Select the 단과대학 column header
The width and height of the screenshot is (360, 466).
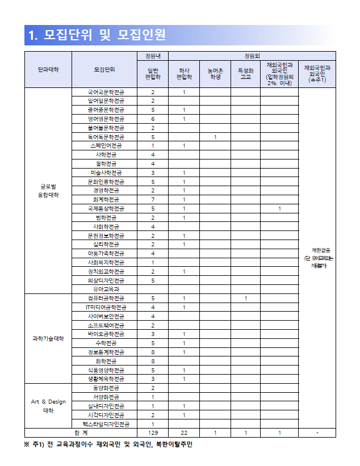coord(48,69)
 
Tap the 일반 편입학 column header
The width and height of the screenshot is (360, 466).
coord(153,73)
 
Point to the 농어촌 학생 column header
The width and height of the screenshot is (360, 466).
coord(215,73)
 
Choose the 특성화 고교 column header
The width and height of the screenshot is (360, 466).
coord(245,73)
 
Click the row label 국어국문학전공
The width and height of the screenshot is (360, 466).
coord(105,92)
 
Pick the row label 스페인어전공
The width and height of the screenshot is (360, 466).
coord(105,146)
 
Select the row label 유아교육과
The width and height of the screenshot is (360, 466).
coord(105,289)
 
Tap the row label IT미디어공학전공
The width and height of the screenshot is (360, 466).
coord(105,307)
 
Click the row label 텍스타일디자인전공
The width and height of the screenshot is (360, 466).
coord(105,424)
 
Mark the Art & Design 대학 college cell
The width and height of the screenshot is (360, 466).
coord(48,406)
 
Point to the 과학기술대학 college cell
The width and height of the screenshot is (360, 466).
coord(48,338)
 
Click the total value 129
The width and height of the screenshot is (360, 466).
coord(153,433)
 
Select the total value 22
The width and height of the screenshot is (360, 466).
coord(184,433)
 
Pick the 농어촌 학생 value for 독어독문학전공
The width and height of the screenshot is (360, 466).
coord(215,137)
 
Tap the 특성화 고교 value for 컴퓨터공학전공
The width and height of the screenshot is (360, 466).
coord(245,298)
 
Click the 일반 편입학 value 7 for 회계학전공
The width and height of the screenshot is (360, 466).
coord(153,200)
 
